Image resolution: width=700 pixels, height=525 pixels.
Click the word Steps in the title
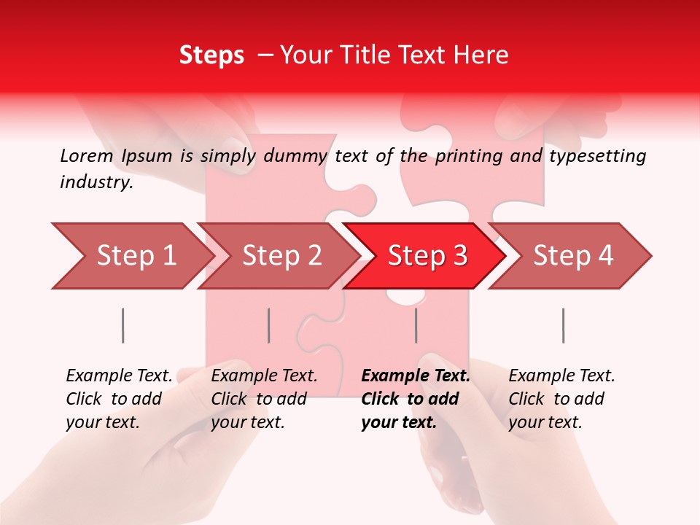pos(211,55)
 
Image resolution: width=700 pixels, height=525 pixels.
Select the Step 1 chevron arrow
pos(131,256)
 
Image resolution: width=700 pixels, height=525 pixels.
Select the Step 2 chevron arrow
pos(278,256)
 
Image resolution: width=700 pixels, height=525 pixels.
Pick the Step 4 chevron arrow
pos(571,256)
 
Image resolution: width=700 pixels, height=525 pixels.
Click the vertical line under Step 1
pos(122,325)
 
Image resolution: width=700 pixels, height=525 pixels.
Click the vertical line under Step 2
pos(269,325)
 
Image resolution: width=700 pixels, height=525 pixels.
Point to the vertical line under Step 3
pos(416,325)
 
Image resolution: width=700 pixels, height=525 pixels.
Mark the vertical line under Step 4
pos(563,325)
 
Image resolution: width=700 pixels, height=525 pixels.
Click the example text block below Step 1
pos(118,399)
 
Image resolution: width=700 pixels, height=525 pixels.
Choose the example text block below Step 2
pos(263,399)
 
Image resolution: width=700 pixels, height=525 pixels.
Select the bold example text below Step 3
pos(415,399)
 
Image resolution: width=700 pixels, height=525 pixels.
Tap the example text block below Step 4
pos(561,399)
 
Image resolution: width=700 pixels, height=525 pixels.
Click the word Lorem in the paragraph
pos(86,155)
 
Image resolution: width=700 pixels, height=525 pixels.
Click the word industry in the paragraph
pos(96,182)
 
